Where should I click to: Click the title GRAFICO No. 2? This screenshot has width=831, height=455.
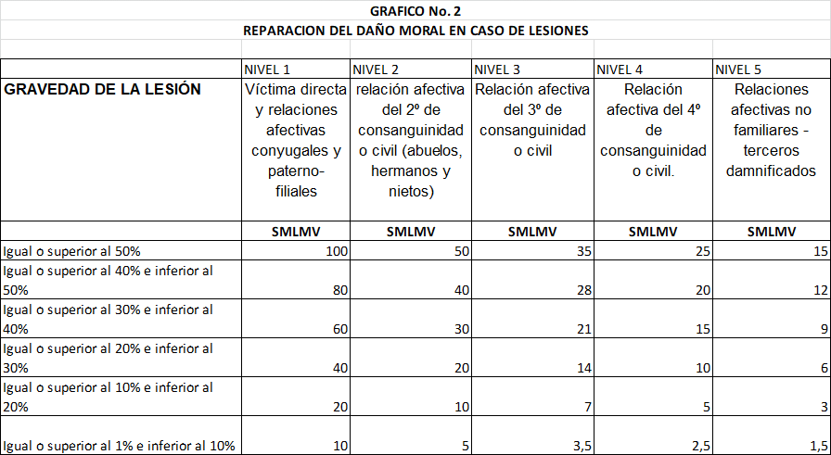(x=415, y=11)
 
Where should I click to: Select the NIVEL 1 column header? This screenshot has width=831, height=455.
(x=267, y=70)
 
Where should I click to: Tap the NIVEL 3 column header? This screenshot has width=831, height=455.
(x=496, y=70)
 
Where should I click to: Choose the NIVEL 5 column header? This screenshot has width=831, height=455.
(x=739, y=70)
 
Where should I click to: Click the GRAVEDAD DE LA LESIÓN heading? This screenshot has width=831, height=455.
(x=102, y=90)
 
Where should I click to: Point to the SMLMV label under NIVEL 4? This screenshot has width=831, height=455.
(x=653, y=232)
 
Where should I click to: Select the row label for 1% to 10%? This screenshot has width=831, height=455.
(x=120, y=446)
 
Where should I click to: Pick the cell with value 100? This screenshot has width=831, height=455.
(x=336, y=251)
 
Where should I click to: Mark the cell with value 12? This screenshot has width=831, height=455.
(x=818, y=290)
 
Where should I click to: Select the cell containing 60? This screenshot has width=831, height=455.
(x=339, y=329)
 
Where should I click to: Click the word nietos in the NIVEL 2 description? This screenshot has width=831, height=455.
(x=411, y=192)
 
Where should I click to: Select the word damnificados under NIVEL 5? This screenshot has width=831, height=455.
(x=772, y=171)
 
